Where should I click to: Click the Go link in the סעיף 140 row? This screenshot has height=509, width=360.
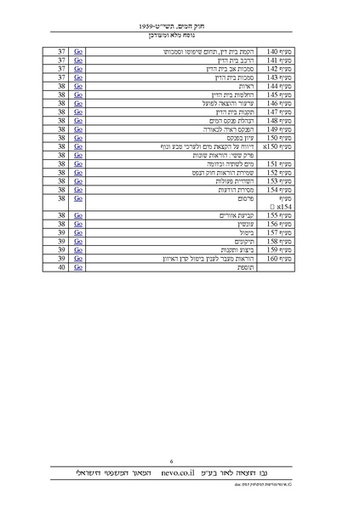coord(79,52)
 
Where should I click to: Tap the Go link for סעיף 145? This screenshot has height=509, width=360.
coord(79,94)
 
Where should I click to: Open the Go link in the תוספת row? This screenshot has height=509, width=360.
coord(79,266)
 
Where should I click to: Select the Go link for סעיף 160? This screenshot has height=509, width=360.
coord(79,257)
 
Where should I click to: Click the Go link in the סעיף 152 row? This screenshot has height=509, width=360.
coord(79,172)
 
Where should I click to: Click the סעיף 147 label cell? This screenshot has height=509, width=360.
coord(279,112)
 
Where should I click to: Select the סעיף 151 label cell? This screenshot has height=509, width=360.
coord(279,163)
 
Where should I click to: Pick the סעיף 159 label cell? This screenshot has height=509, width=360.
coord(279,249)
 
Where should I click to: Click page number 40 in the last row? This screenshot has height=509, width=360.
coord(62,266)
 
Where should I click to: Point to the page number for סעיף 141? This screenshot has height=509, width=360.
coord(62,60)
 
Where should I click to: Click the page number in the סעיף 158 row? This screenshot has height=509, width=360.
coord(62,240)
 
